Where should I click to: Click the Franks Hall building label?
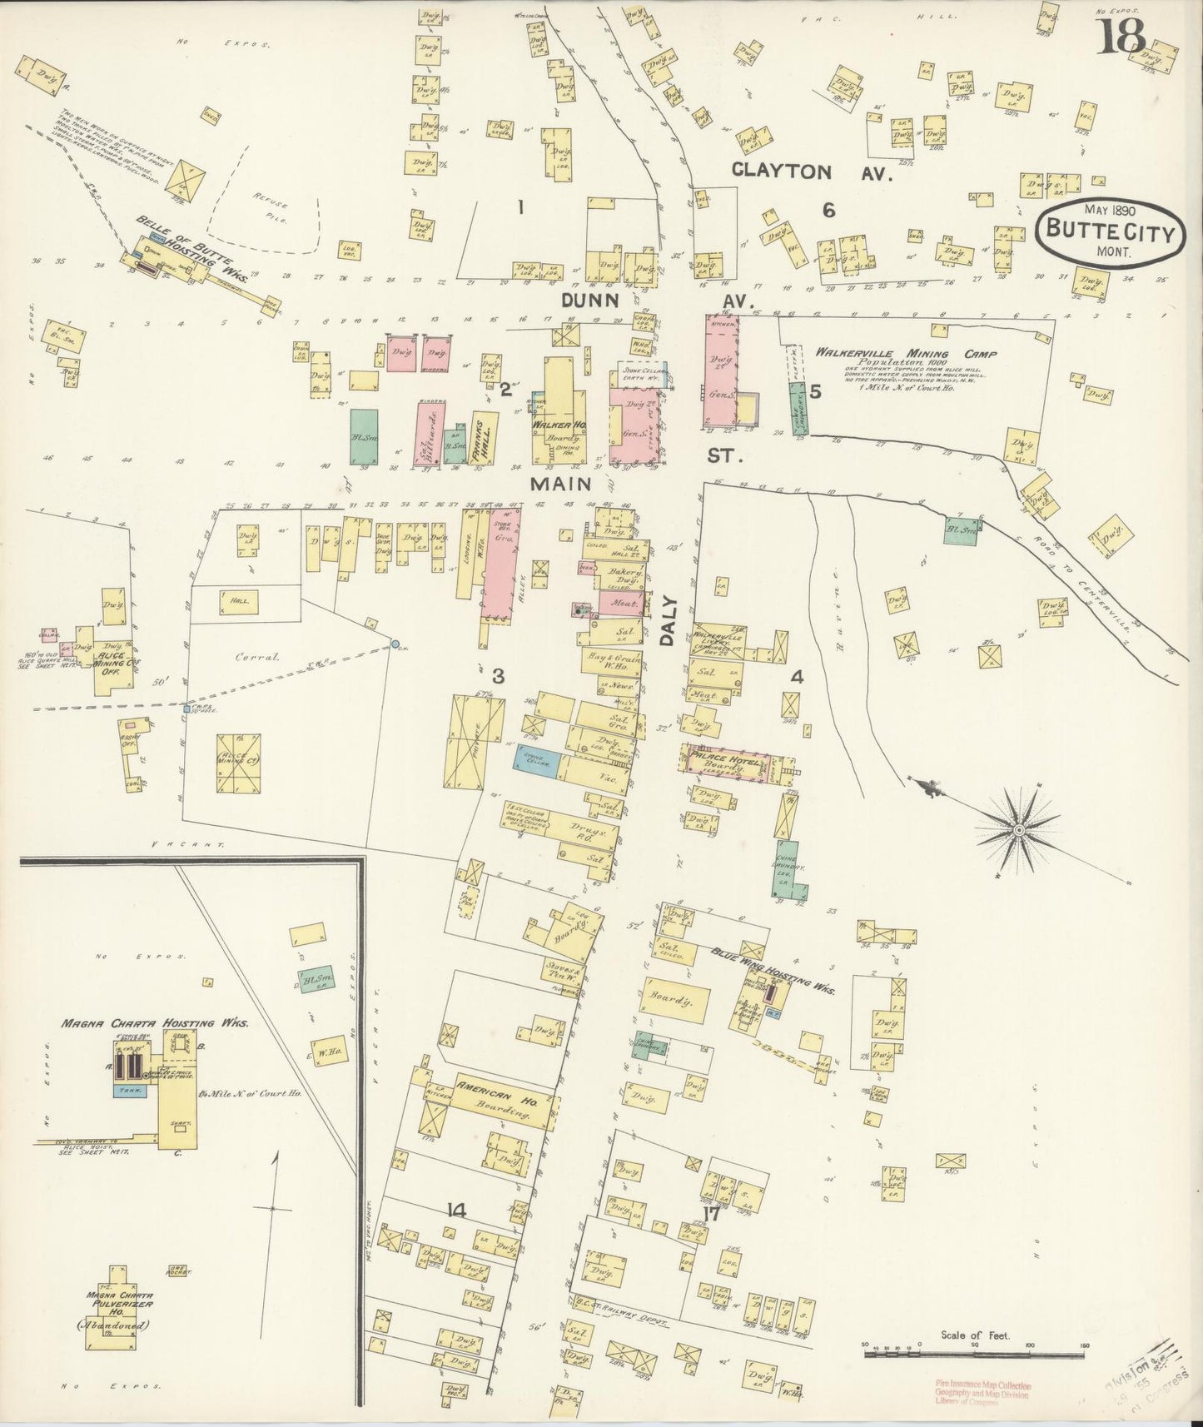click(485, 434)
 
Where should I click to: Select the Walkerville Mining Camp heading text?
click(906, 353)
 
